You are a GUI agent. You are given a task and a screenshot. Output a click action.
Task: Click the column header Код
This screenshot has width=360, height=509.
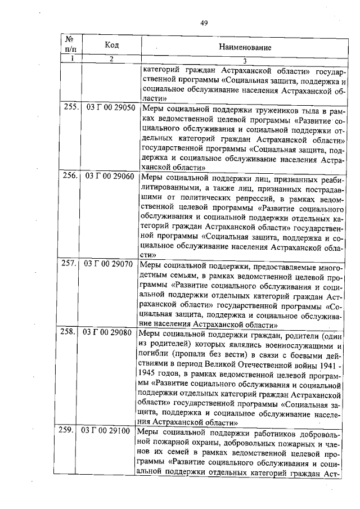tap(111, 44)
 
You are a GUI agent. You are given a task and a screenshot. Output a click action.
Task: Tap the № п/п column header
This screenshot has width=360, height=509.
tap(71, 44)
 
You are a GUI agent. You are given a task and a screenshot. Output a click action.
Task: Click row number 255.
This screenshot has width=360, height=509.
tap(71, 107)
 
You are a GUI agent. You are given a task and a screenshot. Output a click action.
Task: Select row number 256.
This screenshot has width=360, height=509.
tap(71, 175)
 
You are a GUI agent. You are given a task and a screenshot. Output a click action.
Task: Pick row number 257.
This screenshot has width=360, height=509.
tap(71, 263)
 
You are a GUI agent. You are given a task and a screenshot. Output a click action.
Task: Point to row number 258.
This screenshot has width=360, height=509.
tap(71, 332)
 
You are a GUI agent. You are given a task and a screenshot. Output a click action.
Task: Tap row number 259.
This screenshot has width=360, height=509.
tap(71, 431)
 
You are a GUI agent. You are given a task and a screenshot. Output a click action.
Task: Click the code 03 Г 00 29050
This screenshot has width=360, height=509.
tap(110, 107)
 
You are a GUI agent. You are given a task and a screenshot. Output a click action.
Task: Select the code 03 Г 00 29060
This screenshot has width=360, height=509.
tap(110, 175)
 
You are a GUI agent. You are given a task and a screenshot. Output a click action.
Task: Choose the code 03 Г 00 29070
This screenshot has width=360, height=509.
tap(110, 263)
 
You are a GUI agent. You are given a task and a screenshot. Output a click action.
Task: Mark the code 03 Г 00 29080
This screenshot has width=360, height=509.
tap(110, 332)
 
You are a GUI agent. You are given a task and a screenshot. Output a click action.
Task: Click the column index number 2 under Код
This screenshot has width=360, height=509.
tap(111, 59)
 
